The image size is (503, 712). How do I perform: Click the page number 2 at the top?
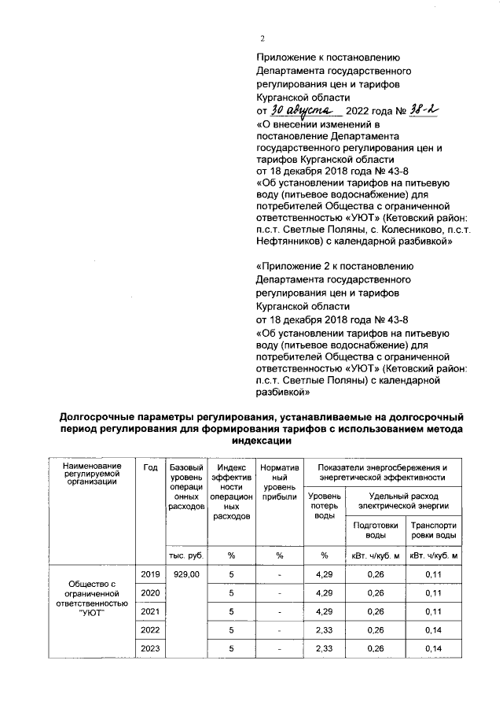click(263, 39)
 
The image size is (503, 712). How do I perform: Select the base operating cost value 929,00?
click(186, 576)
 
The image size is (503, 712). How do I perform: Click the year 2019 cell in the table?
click(149, 576)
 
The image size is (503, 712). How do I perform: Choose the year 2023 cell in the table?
click(149, 648)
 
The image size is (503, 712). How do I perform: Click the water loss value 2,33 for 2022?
click(324, 630)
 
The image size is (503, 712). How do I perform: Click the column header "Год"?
click(149, 468)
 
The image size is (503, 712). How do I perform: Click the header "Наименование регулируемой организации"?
click(93, 474)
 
